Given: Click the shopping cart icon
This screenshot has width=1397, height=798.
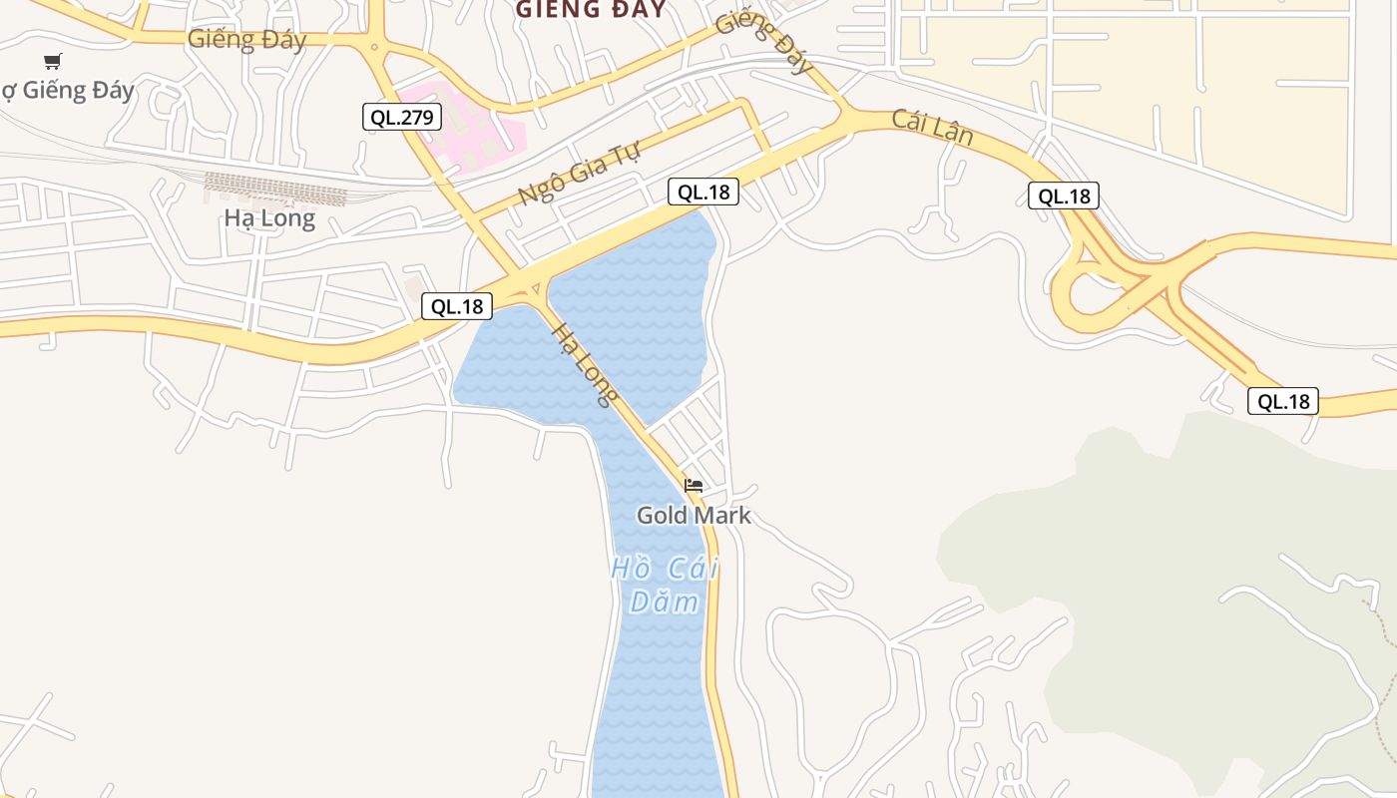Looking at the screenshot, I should point(53,62).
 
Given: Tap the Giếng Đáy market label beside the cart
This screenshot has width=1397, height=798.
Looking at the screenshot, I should point(68,91).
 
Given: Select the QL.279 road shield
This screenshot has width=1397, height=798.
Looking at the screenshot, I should point(401,117).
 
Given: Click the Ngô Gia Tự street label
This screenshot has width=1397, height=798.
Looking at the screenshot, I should point(579,171).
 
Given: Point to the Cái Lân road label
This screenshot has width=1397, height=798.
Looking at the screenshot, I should point(932,127).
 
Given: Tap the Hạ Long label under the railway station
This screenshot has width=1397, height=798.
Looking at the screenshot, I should point(269,217).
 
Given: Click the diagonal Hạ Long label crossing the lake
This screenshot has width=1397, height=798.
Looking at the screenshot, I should point(584,365).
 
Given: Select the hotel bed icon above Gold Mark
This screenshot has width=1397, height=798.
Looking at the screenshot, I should point(694,486).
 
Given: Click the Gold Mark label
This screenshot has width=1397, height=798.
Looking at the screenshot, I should point(694,516).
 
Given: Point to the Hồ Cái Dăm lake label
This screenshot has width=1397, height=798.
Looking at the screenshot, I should point(665,586).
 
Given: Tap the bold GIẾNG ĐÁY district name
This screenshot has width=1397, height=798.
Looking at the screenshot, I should point(591,10).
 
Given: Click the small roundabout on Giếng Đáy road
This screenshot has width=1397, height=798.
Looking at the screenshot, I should point(374,46).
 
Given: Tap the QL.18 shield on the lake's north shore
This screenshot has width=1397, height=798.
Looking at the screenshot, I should point(703,192).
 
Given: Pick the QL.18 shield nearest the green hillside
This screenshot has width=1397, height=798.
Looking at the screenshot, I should point(1283,401).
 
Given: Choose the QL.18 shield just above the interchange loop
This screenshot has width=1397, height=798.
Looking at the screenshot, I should point(1064,196).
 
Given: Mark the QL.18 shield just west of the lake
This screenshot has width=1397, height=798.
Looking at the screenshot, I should point(457,306).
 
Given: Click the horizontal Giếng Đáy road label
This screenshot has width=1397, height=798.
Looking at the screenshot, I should point(246,40).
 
